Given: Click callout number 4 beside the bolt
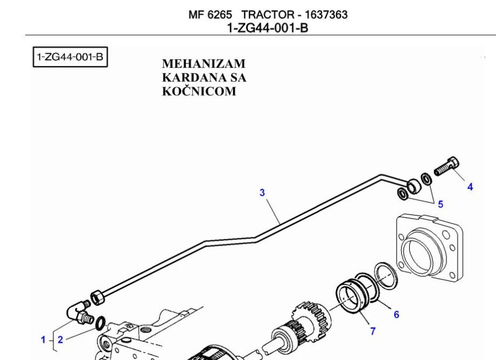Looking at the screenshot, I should point(470,187).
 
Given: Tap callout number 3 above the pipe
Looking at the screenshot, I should point(263,192).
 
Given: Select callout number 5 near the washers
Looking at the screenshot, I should point(440,204).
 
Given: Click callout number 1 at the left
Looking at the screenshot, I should point(43,340).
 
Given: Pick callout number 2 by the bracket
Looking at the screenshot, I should point(60,340).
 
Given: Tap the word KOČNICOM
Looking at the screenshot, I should point(199,91).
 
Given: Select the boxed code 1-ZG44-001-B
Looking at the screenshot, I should point(71,57).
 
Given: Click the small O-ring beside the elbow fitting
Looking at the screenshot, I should point(100,324).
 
